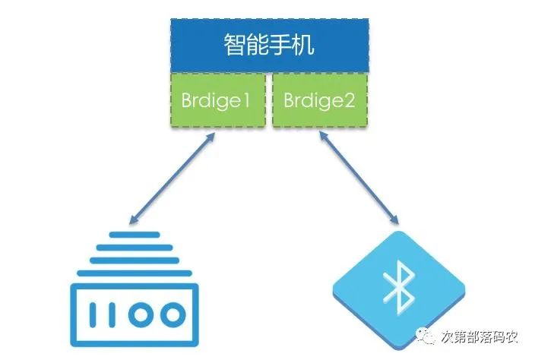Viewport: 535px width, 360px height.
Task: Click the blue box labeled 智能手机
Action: pyautogui.click(x=269, y=45)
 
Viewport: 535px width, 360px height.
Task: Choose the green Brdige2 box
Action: pyautogui.click(x=319, y=99)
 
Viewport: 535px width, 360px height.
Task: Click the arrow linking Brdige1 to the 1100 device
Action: pyautogui.click(x=172, y=179)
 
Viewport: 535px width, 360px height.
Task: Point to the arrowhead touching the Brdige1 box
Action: pyautogui.click(x=213, y=136)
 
